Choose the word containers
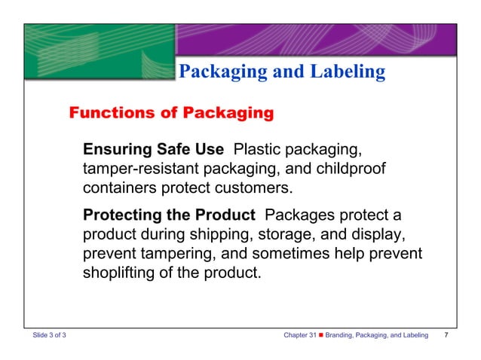click(120, 186)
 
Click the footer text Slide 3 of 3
click(49, 334)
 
